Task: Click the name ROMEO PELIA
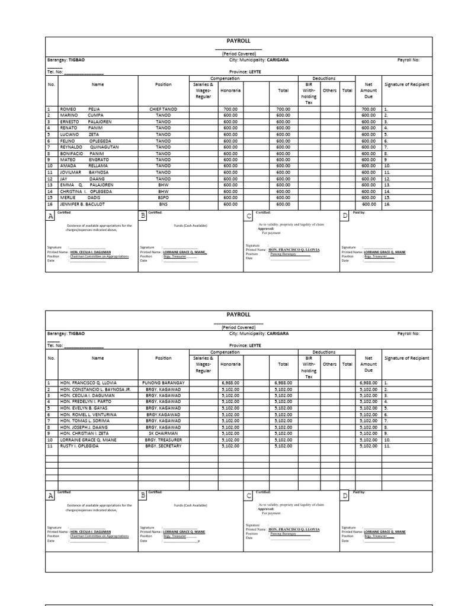79,109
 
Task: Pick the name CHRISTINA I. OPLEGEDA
84,192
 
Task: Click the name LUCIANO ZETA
76,135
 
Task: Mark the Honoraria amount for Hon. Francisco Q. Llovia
230,383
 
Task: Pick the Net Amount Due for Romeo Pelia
369,109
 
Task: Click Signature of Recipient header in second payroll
406,358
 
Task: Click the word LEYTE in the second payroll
255,345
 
